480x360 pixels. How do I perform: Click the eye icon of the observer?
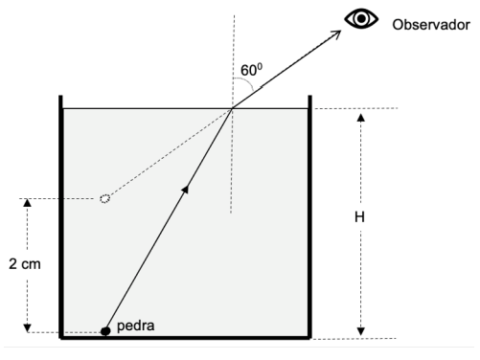click(361, 19)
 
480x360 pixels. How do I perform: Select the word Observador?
click(431, 25)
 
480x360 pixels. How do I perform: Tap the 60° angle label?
click(251, 70)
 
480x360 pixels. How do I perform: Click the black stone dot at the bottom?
click(105, 331)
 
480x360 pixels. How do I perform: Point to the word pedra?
click(136, 326)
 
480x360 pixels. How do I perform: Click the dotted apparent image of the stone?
click(105, 198)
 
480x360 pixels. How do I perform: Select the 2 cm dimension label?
click(25, 264)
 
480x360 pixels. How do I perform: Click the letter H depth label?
click(359, 217)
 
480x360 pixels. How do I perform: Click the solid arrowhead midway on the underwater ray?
click(186, 189)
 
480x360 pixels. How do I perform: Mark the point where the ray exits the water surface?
click(232, 108)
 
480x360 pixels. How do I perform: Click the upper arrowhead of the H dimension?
click(361, 118)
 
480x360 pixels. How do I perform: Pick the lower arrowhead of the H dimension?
click(361, 331)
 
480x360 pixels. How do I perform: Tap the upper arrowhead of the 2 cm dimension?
click(28, 202)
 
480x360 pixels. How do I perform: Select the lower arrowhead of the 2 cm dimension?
click(28, 328)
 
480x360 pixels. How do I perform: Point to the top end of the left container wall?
click(60, 96)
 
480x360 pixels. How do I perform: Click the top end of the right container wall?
click(309, 96)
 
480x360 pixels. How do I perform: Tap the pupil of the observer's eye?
click(361, 19)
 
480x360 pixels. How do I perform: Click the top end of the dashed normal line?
click(234, 15)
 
